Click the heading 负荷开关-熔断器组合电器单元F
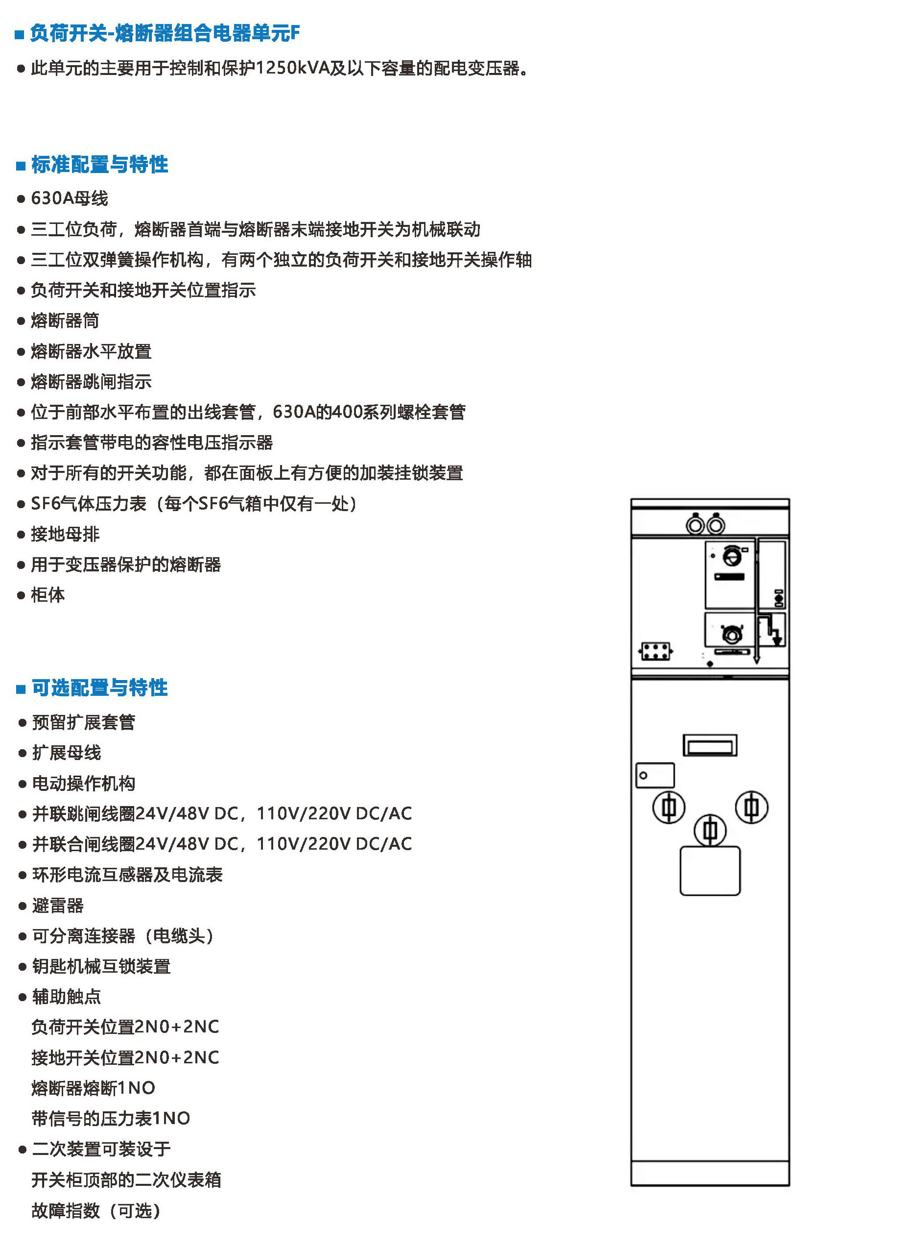[165, 33]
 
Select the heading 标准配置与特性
[99, 165]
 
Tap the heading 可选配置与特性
[99, 687]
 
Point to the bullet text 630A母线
[69, 198]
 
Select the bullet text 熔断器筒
[65, 320]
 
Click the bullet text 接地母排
[65, 535]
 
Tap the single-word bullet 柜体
[48, 595]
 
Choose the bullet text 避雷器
[58, 906]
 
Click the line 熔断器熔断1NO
[93, 1088]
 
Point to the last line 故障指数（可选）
[96, 1211]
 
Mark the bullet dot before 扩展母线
[23, 753]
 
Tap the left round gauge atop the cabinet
[695, 525]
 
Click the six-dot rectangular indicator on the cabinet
[655, 651]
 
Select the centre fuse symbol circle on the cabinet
[710, 830]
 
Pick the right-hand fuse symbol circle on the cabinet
[751, 807]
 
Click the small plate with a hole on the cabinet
[655, 776]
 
